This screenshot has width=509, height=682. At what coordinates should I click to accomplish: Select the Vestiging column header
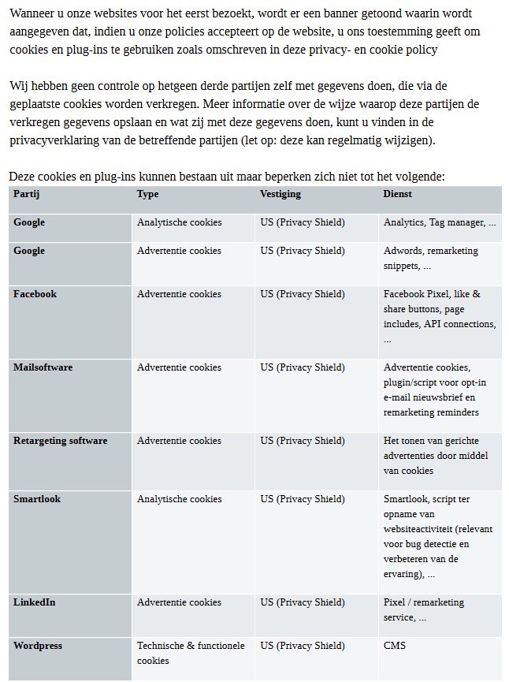pos(281,194)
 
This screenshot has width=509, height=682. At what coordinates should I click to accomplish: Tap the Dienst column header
pos(398,194)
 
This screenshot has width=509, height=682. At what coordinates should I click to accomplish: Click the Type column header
pos(147,194)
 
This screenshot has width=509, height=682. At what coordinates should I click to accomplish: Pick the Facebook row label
pos(35,294)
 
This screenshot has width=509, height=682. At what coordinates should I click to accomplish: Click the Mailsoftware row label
pos(43,367)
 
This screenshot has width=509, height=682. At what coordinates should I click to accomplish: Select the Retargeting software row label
pos(60,441)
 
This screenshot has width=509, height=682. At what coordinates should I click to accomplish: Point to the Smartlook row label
pos(36,499)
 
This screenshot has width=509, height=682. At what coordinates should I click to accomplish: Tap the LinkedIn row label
pos(34,602)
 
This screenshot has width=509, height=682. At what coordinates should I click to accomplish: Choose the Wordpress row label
pos(37,646)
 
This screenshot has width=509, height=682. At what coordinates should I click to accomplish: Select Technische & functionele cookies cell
pos(191,653)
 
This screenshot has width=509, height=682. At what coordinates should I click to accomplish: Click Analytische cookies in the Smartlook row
pos(179,499)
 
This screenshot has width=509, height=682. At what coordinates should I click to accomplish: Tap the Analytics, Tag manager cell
pos(440,222)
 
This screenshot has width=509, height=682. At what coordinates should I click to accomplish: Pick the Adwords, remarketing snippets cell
pos(430,258)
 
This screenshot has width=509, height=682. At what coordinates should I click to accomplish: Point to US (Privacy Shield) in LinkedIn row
pos(303,602)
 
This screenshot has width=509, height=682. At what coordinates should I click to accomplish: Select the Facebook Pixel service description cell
pos(440,316)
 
